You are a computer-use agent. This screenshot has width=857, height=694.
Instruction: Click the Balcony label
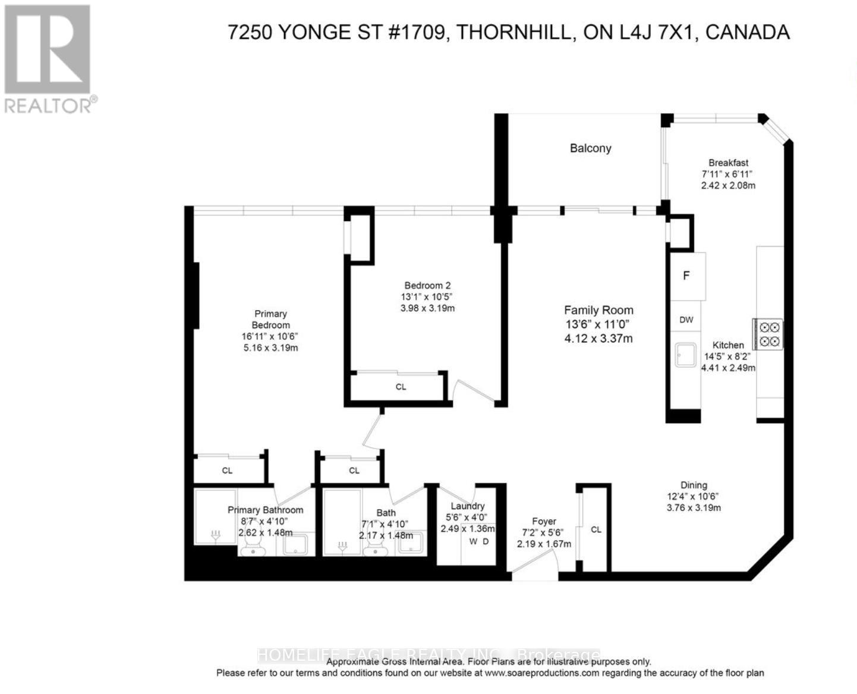(x=590, y=149)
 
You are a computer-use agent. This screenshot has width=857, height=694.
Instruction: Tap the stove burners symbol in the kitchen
(x=768, y=334)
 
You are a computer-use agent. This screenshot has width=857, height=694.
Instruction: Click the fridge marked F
(x=687, y=276)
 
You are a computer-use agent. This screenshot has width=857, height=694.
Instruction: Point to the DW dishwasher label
(x=686, y=320)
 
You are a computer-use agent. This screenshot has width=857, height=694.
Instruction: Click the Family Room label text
(x=598, y=310)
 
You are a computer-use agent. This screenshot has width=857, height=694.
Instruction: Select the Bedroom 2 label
(x=427, y=285)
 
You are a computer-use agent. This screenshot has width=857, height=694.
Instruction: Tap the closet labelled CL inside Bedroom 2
(x=401, y=387)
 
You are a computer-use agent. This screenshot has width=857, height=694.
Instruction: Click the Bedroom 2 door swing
(x=472, y=392)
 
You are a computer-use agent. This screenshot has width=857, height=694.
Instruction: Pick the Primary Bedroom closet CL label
(x=227, y=471)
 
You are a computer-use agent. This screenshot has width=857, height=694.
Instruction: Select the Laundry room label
(x=468, y=506)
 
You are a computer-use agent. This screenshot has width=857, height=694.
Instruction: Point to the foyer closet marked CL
(x=596, y=529)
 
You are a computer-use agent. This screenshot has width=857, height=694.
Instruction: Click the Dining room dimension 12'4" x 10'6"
(x=694, y=496)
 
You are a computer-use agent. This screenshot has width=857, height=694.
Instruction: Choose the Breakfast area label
(x=728, y=163)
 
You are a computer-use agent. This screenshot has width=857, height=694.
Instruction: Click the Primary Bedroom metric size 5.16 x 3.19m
(x=270, y=348)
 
